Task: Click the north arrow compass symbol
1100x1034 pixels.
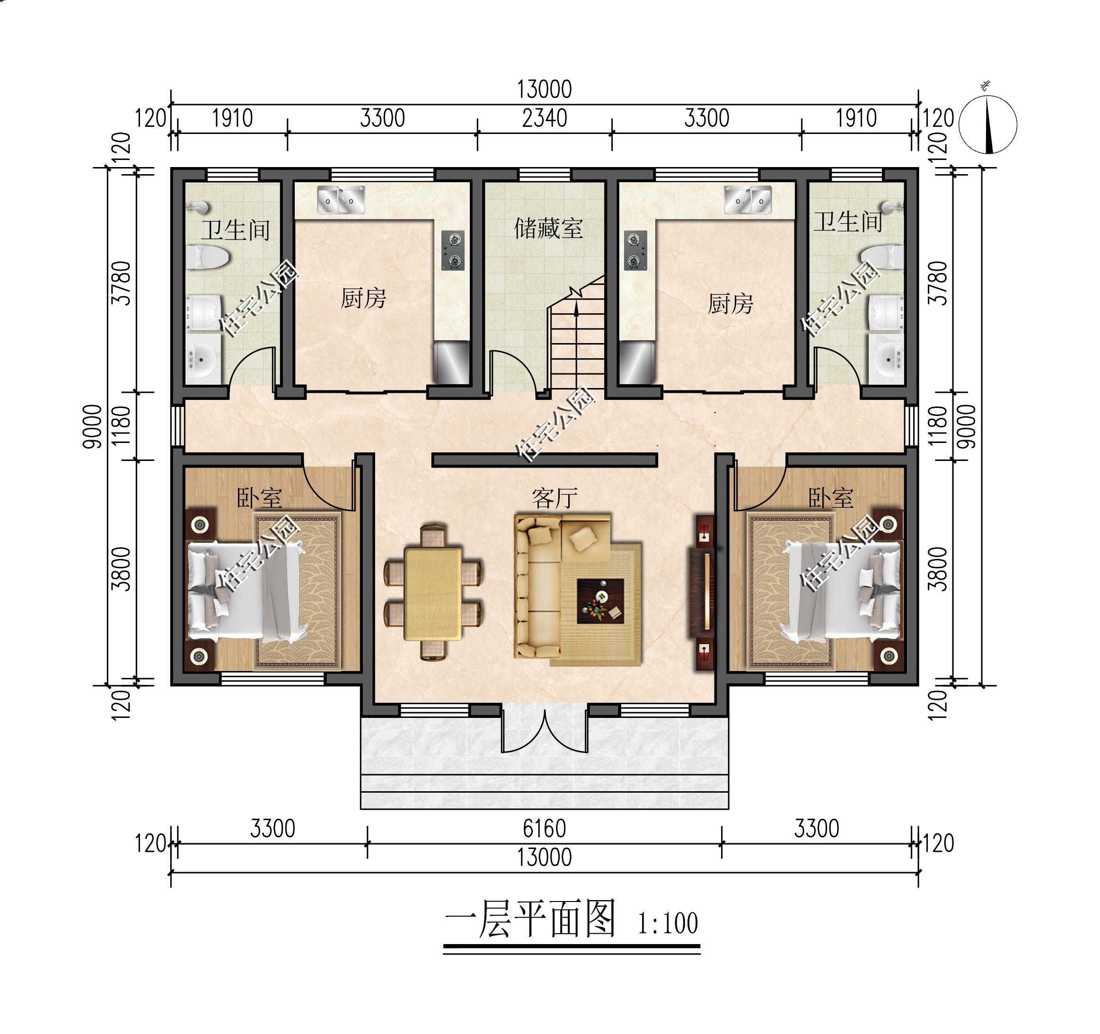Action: [988, 124]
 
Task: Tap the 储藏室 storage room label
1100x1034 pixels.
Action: [548, 228]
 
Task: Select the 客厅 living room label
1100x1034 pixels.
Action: [554, 498]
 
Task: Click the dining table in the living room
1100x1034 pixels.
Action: [433, 593]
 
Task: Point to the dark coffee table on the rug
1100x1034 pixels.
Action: [600, 601]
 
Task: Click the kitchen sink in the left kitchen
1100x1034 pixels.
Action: [341, 200]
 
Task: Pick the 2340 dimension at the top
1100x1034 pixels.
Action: [545, 118]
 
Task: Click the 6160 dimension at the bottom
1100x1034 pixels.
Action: [545, 829]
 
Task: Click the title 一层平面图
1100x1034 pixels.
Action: [530, 919]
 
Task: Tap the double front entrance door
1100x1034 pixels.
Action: [545, 731]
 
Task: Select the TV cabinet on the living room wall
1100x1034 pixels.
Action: [704, 593]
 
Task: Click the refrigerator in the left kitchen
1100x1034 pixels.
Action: [451, 362]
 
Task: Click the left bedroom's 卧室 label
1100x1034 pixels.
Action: [259, 498]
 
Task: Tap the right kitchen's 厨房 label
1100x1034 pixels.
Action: [730, 304]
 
